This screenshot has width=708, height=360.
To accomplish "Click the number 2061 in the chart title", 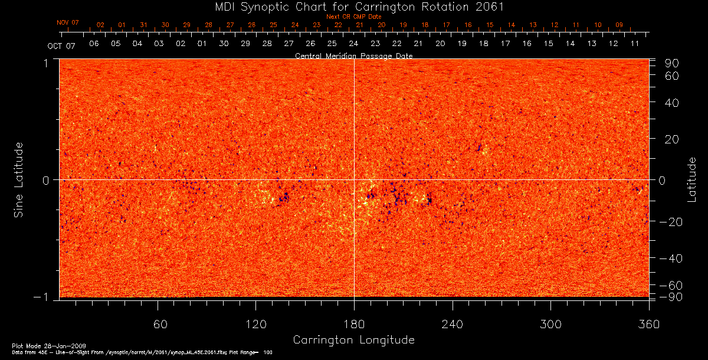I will pos(489,6).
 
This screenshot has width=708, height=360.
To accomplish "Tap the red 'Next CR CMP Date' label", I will pos(354,17).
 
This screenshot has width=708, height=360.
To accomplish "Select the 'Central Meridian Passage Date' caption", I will pos(353,55).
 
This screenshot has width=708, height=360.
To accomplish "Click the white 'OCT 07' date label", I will pos(62,45).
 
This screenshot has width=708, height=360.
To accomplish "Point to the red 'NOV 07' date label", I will pos(68,22).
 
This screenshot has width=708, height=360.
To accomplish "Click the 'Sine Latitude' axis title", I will pos(19,179).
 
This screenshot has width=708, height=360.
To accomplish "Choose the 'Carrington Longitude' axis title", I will pos(353,340).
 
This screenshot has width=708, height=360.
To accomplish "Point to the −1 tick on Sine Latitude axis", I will pos(46,297).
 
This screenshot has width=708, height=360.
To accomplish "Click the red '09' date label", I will pos(619,25).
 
